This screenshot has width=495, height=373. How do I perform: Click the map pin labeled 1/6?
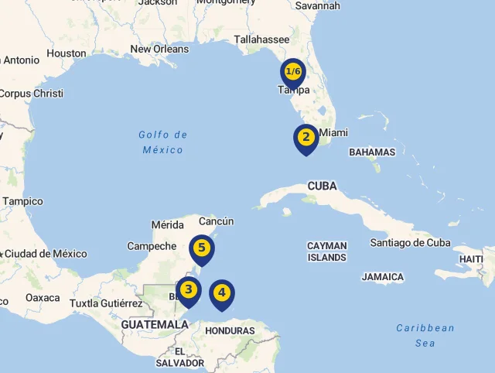293,73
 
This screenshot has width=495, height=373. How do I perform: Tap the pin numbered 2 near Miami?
306,139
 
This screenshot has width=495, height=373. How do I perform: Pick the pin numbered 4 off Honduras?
222,293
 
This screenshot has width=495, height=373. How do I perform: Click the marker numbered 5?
201,248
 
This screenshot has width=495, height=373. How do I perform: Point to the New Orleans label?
159,49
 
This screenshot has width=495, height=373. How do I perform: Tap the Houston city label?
67,53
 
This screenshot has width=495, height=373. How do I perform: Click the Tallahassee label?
261,39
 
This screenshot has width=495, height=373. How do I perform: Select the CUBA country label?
323,186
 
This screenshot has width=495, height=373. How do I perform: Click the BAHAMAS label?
372,152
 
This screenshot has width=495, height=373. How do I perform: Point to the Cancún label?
217,221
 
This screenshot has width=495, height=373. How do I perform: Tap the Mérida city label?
168,225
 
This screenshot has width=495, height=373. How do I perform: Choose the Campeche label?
152,246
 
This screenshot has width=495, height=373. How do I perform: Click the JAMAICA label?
383,276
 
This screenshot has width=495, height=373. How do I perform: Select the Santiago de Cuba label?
410,242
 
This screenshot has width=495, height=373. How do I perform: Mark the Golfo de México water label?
163,142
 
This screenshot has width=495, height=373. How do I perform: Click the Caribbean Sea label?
425,335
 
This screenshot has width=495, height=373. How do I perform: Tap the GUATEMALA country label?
154,324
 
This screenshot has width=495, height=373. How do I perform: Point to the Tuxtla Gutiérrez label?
106,303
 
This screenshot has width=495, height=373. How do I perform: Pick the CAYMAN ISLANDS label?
327,252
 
